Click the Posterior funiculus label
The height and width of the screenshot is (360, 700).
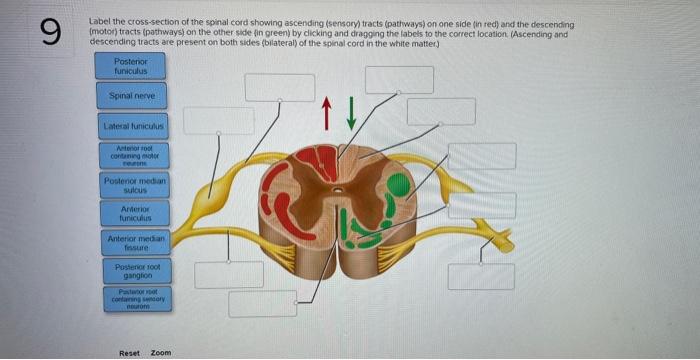pos(131,65)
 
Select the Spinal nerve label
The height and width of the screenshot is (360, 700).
pos(131,97)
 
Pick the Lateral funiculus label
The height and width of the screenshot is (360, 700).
pos(131,128)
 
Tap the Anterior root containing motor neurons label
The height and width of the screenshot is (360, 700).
pos(131,155)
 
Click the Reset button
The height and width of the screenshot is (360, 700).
pos(130,353)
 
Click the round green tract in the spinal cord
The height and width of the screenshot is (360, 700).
pos(398,184)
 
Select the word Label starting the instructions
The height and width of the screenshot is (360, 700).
pos(100,22)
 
